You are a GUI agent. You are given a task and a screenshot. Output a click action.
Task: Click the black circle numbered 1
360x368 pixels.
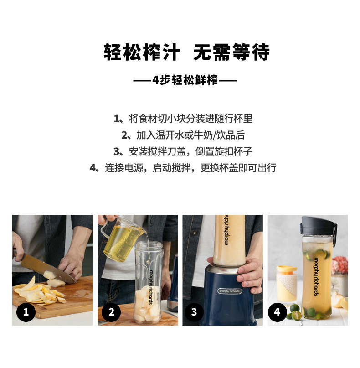point(26,312)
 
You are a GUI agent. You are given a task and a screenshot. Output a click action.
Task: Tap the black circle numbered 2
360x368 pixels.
point(111,312)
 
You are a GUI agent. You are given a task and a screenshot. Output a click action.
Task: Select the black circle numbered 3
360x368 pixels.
point(194,312)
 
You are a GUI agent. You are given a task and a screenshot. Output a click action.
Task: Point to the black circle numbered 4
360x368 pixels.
point(277,312)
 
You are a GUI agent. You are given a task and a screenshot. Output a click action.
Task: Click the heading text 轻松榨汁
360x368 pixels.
point(142,52)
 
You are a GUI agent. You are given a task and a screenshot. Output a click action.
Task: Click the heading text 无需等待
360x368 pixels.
point(231,52)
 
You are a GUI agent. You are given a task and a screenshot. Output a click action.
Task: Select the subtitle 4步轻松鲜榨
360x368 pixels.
point(185,80)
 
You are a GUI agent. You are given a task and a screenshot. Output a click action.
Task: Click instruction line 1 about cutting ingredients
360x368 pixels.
point(183,119)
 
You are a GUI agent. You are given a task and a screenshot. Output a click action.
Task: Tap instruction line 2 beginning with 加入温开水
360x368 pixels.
point(183,135)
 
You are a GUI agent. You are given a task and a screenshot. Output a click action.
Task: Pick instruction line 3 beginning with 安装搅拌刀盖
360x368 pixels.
point(183,151)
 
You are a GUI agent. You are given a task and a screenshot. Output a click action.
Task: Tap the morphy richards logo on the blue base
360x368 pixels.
point(229,291)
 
